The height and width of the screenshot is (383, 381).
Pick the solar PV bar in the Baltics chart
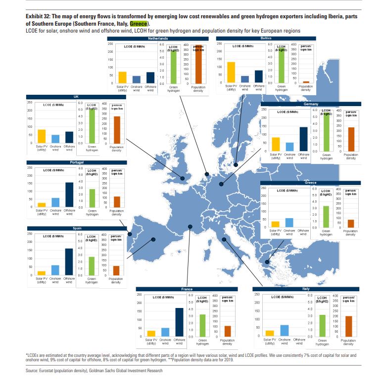231,72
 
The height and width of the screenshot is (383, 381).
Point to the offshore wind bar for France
179,321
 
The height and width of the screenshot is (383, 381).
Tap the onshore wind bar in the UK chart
55,138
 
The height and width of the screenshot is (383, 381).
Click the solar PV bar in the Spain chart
42,273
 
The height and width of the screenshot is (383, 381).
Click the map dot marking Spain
153,240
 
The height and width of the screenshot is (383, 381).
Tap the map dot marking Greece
267,263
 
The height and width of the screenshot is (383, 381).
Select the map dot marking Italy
224,240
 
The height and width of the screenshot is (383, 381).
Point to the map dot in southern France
190,227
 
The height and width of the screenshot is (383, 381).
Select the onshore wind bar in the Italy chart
284,330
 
